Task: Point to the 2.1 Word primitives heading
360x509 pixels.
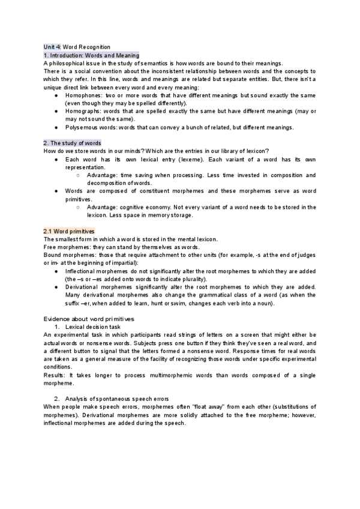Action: point(68,231)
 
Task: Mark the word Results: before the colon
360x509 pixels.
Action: point(56,375)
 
